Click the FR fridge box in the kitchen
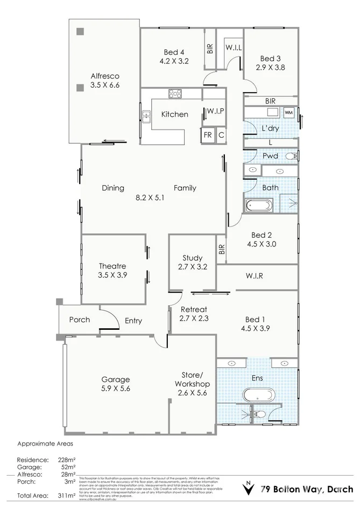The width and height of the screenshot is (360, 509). [207, 136]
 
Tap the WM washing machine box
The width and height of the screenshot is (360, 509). [288, 112]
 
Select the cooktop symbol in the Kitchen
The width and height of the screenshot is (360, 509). [175, 94]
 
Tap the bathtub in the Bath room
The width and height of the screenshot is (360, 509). [259, 206]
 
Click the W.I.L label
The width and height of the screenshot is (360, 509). [234, 48]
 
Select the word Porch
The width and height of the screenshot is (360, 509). [80, 320]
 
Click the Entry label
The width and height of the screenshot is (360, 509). [133, 321]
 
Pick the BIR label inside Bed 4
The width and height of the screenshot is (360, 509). [209, 48]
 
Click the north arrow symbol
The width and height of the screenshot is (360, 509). [248, 489]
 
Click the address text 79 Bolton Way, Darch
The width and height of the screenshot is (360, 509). [307, 489]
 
